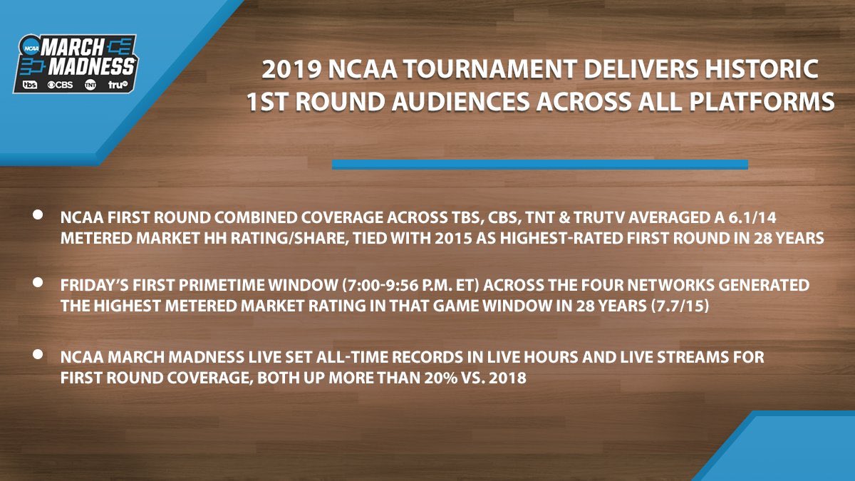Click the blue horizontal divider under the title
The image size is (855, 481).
pyautogui.click(x=539, y=165)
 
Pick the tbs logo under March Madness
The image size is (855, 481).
pyautogui.click(x=30, y=85)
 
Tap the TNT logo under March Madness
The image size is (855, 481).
pyautogui.click(x=90, y=85)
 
